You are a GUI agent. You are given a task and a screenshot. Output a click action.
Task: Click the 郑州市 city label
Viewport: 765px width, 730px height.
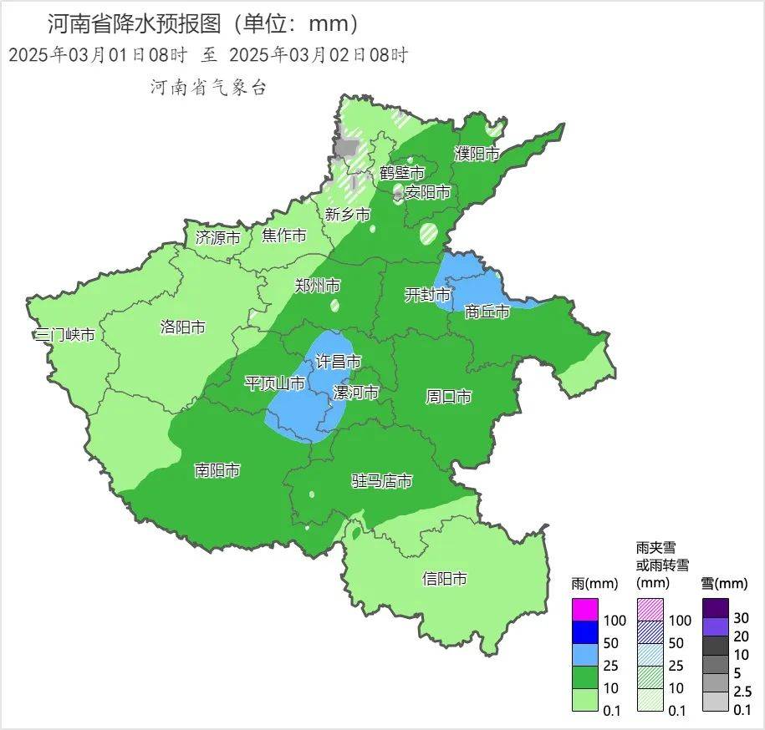tap(318, 286)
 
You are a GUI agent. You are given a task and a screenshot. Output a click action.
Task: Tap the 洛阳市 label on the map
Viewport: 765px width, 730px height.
tap(182, 327)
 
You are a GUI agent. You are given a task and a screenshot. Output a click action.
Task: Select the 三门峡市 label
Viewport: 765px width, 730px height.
tap(64, 336)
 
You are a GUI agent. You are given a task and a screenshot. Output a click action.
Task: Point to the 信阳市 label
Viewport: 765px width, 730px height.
tap(444, 579)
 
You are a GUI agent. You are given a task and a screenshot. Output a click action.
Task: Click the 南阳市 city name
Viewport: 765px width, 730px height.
tap(217, 471)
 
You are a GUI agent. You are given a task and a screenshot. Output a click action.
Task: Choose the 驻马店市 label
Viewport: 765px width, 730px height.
tap(381, 482)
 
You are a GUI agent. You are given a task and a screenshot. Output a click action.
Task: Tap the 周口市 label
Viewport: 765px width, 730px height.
tap(449, 397)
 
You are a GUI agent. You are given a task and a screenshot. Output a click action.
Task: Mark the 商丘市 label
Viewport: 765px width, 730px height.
tap(487, 312)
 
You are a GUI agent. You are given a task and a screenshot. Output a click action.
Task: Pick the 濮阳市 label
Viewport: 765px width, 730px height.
tap(477, 154)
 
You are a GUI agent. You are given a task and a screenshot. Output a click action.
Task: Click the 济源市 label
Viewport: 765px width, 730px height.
tap(217, 237)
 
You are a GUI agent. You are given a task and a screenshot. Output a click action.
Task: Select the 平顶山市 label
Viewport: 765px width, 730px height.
tap(274, 383)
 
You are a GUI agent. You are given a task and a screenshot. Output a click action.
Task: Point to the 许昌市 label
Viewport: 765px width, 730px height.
tap(338, 362)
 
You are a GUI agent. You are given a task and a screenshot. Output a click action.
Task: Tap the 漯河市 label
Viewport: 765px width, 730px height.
tap(355, 393)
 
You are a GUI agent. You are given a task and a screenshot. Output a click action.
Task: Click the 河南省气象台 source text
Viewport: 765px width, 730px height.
tap(207, 87)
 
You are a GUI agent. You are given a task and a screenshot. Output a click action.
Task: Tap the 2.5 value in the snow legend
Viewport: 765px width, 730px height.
tap(742, 692)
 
